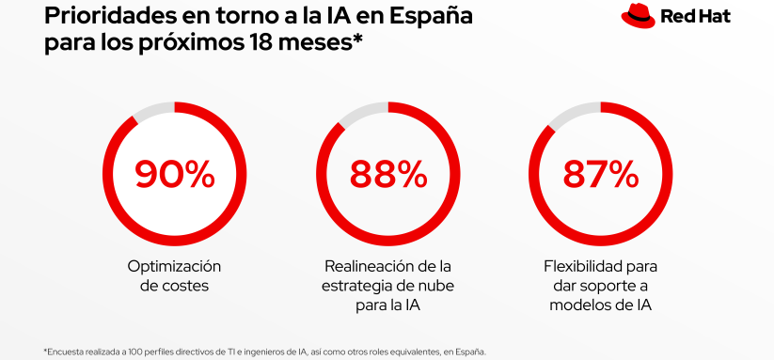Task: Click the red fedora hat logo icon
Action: click(x=637, y=15)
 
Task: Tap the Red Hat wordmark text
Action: click(x=695, y=16)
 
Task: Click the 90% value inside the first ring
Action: click(x=174, y=174)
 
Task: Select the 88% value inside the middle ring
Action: click(x=387, y=174)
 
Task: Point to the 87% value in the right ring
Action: click(x=600, y=174)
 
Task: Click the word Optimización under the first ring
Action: click(x=174, y=266)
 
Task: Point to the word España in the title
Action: click(x=428, y=16)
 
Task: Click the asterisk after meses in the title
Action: click(x=358, y=39)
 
